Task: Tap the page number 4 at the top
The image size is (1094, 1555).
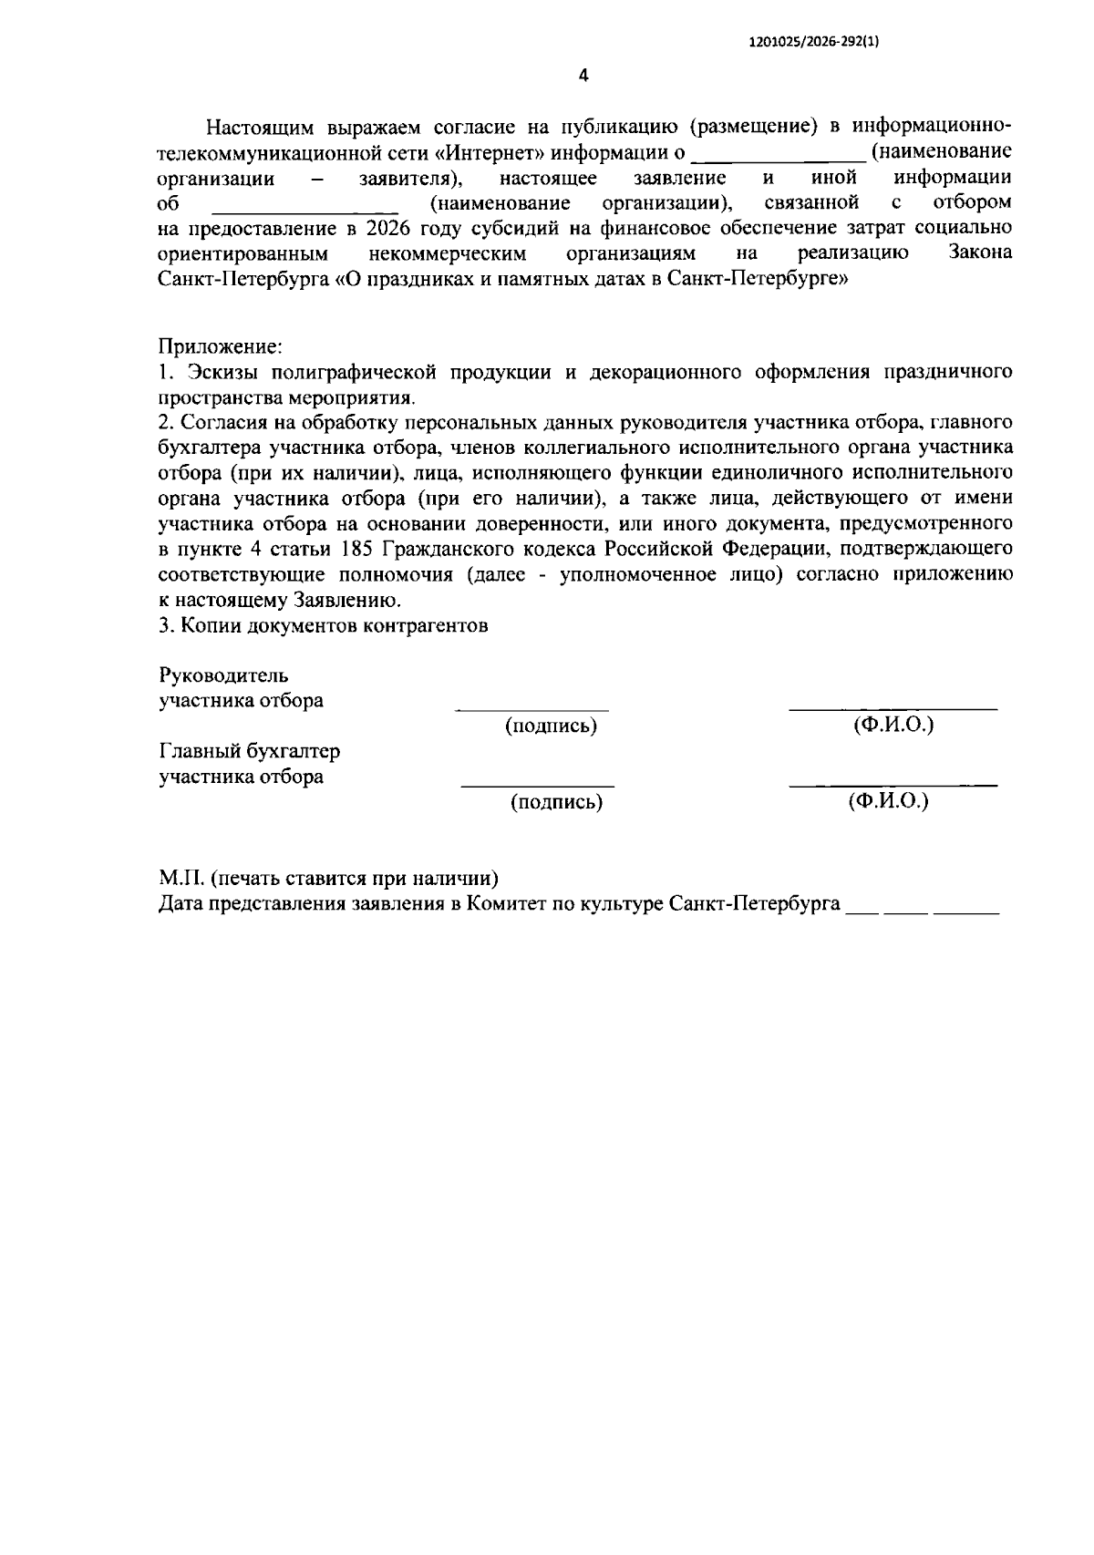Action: pos(583,76)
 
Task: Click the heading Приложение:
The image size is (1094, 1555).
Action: pos(220,347)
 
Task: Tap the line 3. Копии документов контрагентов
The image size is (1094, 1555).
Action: pos(323,626)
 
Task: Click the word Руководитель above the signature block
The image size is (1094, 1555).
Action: pos(223,676)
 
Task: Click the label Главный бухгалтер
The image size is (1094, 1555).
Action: pos(249,752)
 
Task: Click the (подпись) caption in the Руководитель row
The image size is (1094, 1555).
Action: pos(551,726)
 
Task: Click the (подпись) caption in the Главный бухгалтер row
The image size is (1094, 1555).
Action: pos(556,802)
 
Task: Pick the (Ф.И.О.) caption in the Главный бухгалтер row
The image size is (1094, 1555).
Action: pos(887,801)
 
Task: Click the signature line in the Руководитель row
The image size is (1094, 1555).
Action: pos(532,709)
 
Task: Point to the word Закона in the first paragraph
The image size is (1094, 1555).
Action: pos(980,252)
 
